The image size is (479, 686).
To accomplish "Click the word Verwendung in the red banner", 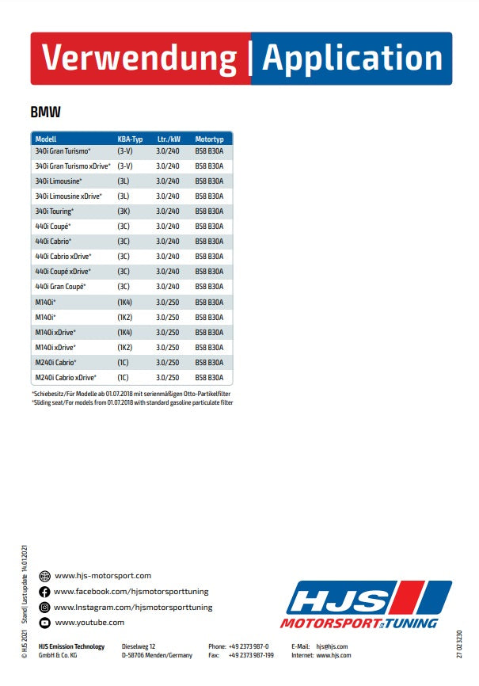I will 139,59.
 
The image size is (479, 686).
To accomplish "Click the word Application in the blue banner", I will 352,59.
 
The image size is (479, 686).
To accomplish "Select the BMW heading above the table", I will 46,113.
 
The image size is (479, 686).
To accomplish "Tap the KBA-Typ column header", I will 130,139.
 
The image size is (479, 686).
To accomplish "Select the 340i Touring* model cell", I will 55,212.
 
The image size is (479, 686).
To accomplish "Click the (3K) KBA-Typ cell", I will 124,212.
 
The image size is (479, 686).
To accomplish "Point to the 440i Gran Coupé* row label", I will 60,287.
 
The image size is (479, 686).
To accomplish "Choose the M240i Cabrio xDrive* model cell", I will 66,378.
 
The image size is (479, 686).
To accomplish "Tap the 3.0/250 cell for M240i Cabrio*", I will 168,363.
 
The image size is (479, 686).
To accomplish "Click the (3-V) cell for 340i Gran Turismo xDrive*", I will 125,166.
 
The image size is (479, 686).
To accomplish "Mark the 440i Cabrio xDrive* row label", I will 63,257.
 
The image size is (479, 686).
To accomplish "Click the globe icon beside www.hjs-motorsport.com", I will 44,576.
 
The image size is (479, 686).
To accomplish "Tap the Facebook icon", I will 44,592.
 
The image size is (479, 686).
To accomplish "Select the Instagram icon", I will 44,608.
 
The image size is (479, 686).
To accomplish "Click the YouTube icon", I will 44,623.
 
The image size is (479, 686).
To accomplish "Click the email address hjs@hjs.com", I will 332,646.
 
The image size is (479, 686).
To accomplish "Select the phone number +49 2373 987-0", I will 249,646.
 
